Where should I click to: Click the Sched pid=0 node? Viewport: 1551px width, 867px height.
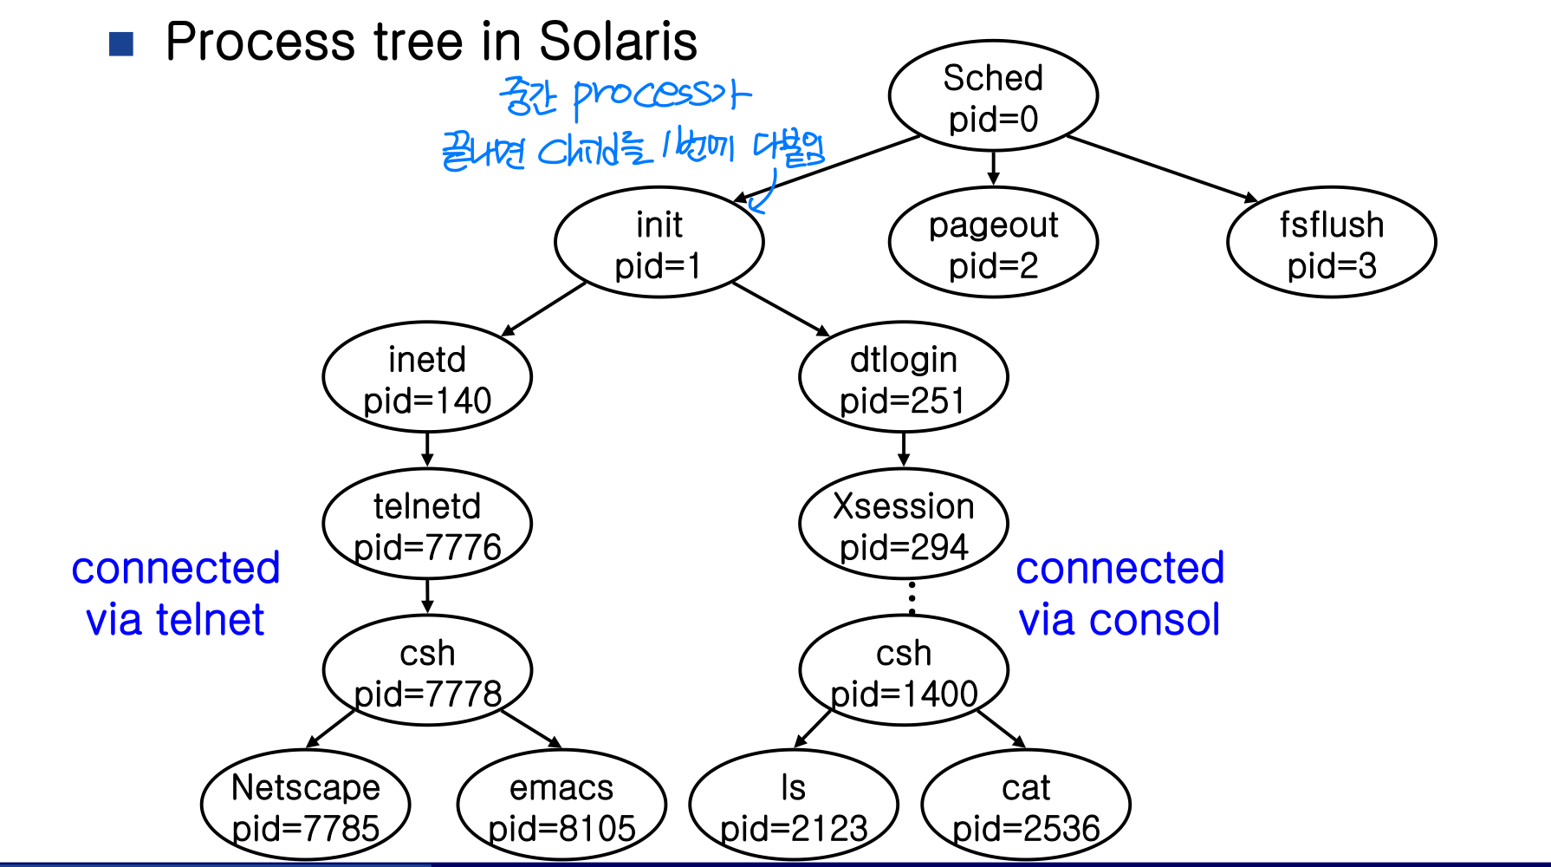tap(993, 96)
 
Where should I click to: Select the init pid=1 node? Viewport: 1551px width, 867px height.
tap(659, 243)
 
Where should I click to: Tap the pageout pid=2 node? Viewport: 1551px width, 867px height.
tap(993, 243)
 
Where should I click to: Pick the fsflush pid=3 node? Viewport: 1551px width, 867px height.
tap(1332, 243)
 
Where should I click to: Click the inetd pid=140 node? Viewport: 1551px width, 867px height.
tap(427, 377)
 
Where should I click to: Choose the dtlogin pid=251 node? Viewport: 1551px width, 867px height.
tap(904, 377)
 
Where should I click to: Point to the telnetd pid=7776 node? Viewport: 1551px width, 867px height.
tap(427, 524)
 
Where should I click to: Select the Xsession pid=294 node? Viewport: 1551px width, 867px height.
tap(904, 524)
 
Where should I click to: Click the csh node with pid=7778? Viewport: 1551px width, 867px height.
tap(427, 670)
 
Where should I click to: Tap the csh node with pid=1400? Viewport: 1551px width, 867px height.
tap(904, 670)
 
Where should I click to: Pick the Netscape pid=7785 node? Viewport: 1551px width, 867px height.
tap(306, 805)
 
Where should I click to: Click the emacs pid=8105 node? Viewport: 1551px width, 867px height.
tap(561, 805)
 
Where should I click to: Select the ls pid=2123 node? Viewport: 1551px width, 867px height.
tap(794, 805)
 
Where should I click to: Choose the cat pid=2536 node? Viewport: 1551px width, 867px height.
tap(1026, 805)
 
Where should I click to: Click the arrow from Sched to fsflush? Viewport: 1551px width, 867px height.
tap(1162, 169)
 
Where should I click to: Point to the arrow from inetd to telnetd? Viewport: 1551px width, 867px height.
tap(427, 450)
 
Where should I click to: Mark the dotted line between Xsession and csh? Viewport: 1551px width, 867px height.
tap(912, 598)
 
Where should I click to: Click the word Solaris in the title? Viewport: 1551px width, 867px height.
tap(618, 41)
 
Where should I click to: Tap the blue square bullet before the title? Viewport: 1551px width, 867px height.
tap(121, 44)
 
